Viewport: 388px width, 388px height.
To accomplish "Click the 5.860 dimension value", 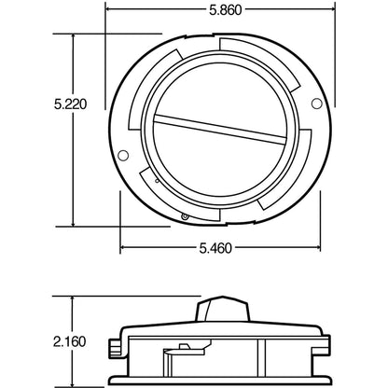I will (x=220, y=12).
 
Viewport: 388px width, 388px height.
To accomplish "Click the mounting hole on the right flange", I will (x=316, y=101).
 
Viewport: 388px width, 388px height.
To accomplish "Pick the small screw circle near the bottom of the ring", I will (x=186, y=216).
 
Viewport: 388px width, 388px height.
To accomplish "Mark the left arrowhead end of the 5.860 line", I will (x=105, y=12).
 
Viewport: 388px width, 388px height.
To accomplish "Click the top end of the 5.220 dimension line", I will (x=72, y=35).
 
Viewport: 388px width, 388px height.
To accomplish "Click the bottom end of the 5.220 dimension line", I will (x=72, y=225).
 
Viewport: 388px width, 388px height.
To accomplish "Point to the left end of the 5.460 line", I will (x=121, y=249).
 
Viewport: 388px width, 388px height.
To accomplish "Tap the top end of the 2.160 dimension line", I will (x=72, y=298).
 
